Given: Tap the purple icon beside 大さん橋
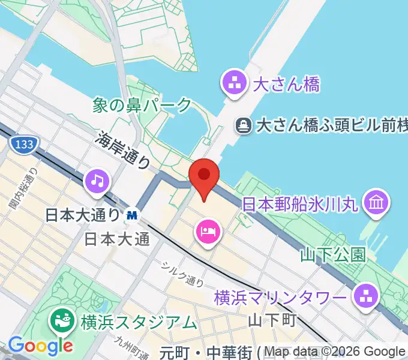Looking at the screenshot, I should [x=234, y=83].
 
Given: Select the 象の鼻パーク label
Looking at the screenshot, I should [x=142, y=106].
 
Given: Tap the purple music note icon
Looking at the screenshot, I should [x=98, y=181].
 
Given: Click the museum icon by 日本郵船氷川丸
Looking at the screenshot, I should [x=377, y=202].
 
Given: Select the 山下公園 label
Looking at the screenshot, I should [x=333, y=255].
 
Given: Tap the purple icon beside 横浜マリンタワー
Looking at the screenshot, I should [x=364, y=296].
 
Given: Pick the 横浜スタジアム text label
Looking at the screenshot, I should [x=139, y=322].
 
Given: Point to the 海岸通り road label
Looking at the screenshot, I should [x=123, y=150].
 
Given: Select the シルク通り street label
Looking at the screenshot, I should [x=182, y=273].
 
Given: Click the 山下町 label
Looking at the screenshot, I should [x=272, y=319].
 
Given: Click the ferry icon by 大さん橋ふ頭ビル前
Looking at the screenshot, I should [x=244, y=125].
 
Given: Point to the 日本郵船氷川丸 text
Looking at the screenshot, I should [x=300, y=204].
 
